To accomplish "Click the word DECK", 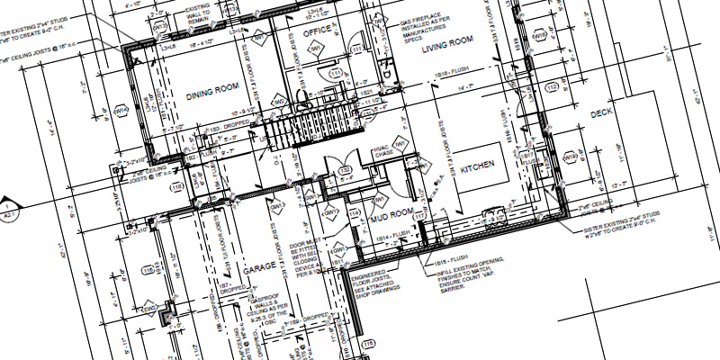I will coord(601,115).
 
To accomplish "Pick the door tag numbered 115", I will coord(367,345).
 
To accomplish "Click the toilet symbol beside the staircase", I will coord(301,97).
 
